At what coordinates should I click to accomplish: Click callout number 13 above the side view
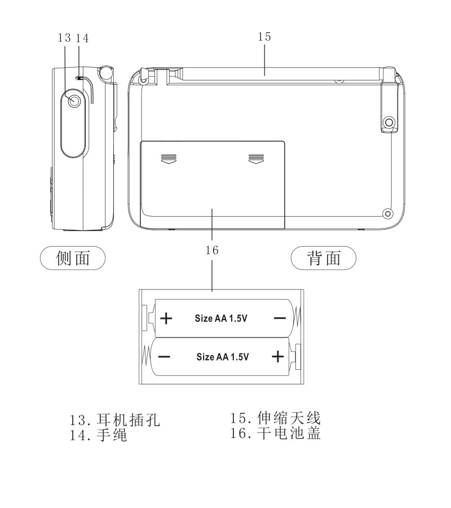[x=64, y=38]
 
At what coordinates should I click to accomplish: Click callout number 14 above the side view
[x=82, y=38]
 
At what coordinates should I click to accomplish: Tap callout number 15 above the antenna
[x=264, y=37]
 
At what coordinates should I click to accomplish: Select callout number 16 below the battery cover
[x=212, y=250]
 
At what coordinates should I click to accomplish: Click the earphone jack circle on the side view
[x=74, y=101]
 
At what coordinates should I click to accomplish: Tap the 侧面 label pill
[x=73, y=258]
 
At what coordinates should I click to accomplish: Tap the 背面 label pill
[x=324, y=258]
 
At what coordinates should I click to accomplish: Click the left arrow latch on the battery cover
[x=169, y=159]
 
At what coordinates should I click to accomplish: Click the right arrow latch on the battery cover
[x=257, y=159]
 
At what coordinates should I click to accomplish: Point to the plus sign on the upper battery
[x=166, y=318]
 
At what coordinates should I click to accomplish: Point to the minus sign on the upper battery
[x=280, y=318]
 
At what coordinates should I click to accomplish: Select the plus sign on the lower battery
[x=277, y=357]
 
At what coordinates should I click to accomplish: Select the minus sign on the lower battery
[x=164, y=357]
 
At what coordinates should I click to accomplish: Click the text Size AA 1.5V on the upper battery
[x=221, y=318]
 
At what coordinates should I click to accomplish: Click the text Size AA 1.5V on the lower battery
[x=223, y=357]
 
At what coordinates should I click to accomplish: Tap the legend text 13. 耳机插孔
[x=115, y=420]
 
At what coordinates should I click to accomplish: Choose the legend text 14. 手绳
[x=98, y=435]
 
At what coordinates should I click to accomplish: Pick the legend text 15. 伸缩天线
[x=275, y=418]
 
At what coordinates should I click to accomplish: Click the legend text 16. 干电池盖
[x=275, y=433]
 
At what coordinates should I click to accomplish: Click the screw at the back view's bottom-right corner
[x=388, y=213]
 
